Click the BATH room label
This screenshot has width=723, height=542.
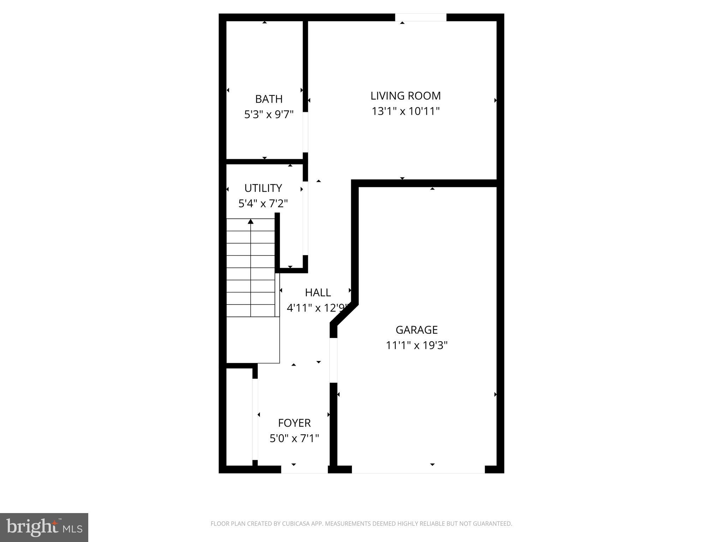pyautogui.click(x=269, y=99)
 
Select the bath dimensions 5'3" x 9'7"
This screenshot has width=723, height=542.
pyautogui.click(x=269, y=115)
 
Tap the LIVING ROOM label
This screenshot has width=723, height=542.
pyautogui.click(x=405, y=96)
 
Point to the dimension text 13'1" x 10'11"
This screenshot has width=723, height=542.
pyautogui.click(x=405, y=112)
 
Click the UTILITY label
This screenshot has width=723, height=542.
pyautogui.click(x=263, y=188)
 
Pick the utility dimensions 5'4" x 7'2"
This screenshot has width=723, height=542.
pyautogui.click(x=263, y=204)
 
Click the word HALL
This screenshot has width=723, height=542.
pyautogui.click(x=318, y=293)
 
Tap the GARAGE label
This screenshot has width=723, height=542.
pyautogui.click(x=417, y=330)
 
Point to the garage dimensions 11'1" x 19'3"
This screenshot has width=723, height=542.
pyautogui.click(x=417, y=345)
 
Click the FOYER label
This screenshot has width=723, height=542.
pyautogui.click(x=294, y=423)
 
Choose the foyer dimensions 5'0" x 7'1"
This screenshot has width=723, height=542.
pyautogui.click(x=294, y=438)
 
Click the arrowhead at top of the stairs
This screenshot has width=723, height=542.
pyautogui.click(x=251, y=222)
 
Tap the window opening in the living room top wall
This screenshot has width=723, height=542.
pyautogui.click(x=420, y=17)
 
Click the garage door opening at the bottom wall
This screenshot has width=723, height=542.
pyautogui.click(x=418, y=469)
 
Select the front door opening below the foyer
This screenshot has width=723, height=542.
pyautogui.click(x=304, y=469)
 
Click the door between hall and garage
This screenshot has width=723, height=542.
pyautogui.click(x=333, y=360)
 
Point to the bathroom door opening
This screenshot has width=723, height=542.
pyautogui.click(x=305, y=132)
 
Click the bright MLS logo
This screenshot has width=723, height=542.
pyautogui.click(x=44, y=527)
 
